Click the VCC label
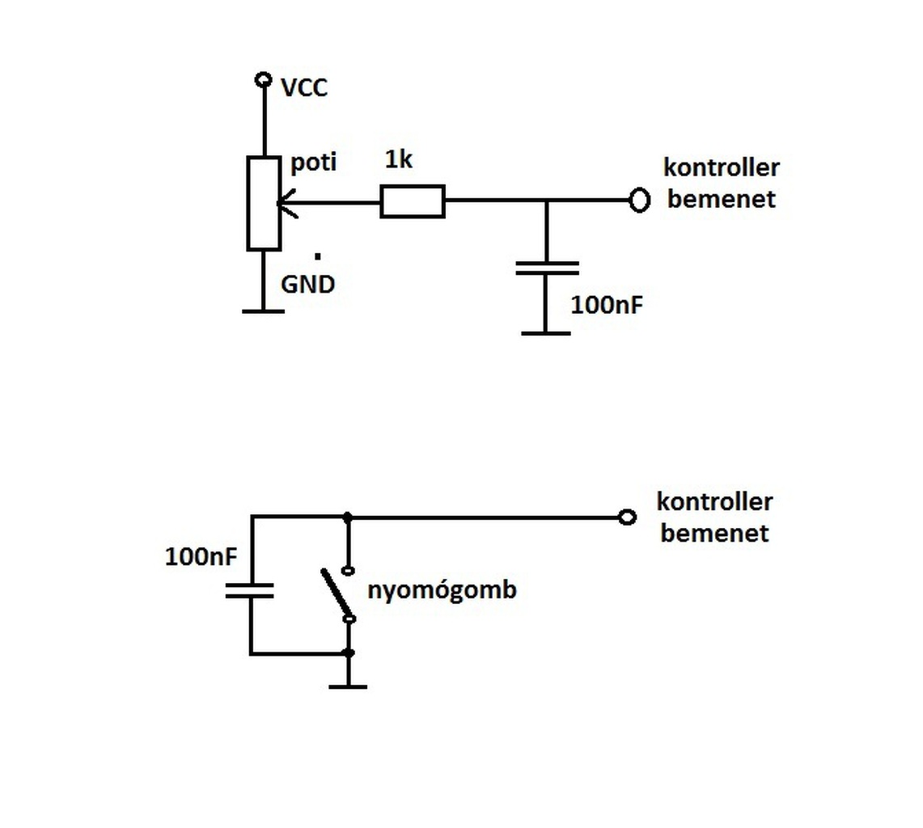303,87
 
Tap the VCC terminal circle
263,79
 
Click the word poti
313,162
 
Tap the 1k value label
399,159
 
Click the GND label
308,285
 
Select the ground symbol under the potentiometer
263,310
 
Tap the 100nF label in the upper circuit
607,305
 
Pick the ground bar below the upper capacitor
546,333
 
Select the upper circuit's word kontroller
721,167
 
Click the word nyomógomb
442,589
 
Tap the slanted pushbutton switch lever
337,594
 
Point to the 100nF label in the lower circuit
201,556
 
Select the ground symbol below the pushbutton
348,686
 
